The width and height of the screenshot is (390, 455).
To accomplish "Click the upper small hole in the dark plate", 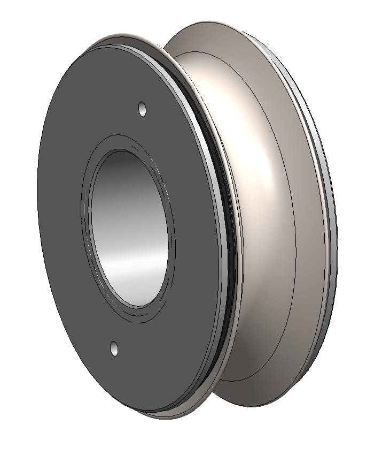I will click(142, 109).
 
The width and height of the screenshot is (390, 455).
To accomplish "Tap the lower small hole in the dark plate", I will click(114, 348).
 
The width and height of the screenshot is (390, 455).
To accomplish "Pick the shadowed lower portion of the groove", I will click(251, 343).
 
